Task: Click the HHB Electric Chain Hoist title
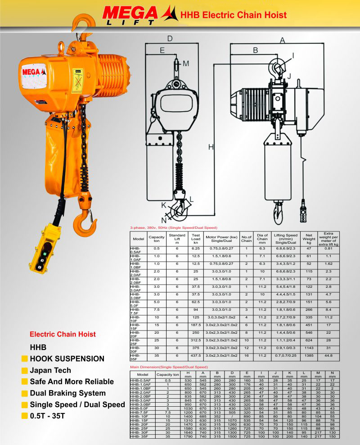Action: pos(233,15)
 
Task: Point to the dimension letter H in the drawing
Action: pos(211,147)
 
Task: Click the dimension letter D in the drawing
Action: pos(170,39)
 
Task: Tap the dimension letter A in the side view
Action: pos(283,40)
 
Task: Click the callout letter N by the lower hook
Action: pos(164,221)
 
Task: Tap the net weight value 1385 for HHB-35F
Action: pos(309,355)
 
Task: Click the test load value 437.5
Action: pos(196,355)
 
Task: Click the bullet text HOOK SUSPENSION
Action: pos(67,359)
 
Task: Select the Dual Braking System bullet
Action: pos(67,393)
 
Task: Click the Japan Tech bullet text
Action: pos(50,371)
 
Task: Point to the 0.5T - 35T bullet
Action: pos(50,416)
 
